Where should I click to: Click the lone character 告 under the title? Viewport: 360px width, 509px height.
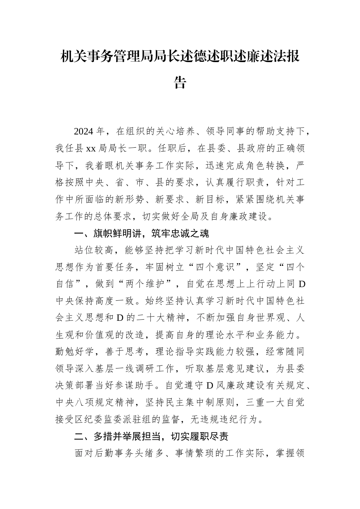(x=180, y=82)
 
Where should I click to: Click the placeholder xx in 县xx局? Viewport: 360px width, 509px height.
(x=91, y=148)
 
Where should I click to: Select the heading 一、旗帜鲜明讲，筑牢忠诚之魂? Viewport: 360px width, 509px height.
(x=141, y=233)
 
